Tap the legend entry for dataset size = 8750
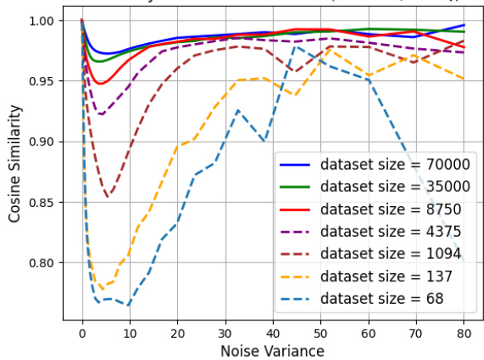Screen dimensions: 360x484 tap(386, 209)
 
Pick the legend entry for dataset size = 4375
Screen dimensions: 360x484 tap(386, 231)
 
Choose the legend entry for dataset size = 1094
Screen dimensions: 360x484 tap(386, 253)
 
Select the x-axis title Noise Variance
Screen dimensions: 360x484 tap(272, 351)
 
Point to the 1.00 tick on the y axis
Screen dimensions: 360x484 tap(39, 21)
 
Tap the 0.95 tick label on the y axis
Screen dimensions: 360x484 tap(39, 81)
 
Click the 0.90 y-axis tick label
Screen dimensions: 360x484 tap(39, 142)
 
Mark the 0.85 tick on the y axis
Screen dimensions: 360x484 tap(39, 203)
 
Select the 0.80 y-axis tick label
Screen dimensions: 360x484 tap(39, 263)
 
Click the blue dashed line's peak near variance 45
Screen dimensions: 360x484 tap(295, 47)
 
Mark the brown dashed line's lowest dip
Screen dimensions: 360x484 tap(108, 197)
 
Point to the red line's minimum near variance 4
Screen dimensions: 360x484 tap(100, 84)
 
